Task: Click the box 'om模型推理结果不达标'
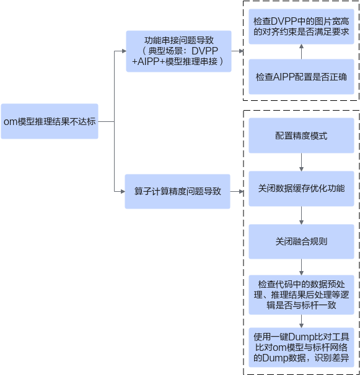pos(50,121)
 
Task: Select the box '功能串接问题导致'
pos(178,51)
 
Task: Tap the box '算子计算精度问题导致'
pos(177,191)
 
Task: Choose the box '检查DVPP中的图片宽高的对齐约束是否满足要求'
pos(301,27)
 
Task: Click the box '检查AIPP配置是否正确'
pos(301,77)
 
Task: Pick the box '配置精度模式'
pos(301,136)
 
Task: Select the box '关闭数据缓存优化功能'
pos(301,189)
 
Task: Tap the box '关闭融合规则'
pos(301,241)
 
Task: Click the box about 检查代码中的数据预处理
pos(301,295)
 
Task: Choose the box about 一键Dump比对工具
pos(301,347)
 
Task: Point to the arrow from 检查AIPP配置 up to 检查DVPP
pos(301,51)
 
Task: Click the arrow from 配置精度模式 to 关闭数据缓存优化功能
pos(301,162)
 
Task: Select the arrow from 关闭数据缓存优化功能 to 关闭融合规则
pos(301,215)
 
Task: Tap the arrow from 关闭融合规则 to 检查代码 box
pos(301,267)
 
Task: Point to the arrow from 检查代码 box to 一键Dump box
pos(301,321)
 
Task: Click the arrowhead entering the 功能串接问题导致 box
pos(124,51)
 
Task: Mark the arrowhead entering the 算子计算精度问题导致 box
pos(123,191)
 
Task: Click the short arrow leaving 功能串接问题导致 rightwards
pos(237,51)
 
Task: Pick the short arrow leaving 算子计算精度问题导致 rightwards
pos(237,191)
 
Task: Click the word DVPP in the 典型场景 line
pos(204,51)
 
